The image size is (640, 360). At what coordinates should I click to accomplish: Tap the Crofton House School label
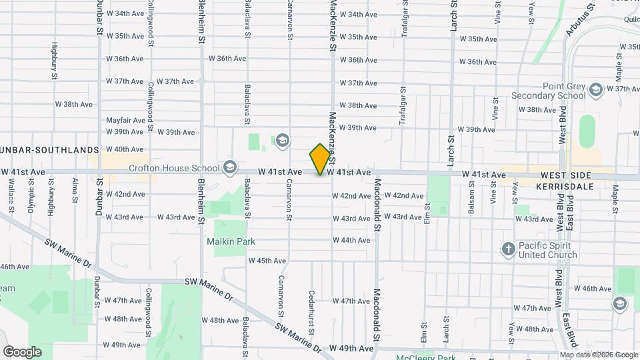point(174,168)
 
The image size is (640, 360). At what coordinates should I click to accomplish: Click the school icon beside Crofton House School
point(231,166)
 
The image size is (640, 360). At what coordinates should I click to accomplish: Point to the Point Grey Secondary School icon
point(596,89)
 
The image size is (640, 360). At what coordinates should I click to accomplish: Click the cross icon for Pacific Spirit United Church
point(508,250)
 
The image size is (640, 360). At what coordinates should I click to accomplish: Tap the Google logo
point(22,351)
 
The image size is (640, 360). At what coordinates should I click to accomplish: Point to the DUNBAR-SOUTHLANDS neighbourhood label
point(49,149)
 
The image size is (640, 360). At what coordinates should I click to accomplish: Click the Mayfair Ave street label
point(125,121)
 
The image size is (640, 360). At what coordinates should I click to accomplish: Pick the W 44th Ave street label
point(351,240)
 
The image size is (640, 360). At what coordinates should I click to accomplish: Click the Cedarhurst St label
point(311,311)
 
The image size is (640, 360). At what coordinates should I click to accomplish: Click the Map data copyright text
point(598,355)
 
